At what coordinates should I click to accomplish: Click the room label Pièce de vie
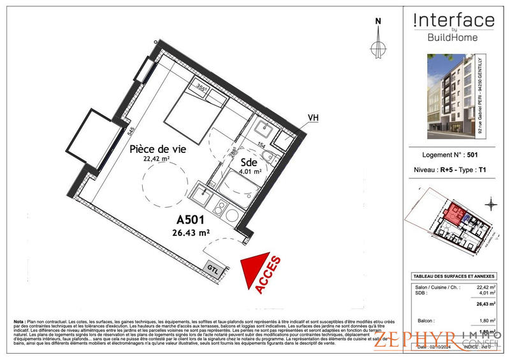tap(157, 149)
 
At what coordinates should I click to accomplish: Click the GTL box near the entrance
tap(213, 269)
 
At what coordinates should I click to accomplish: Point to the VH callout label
tap(313, 118)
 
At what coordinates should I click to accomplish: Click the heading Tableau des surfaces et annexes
tap(453, 276)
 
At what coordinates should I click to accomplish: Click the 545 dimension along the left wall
tap(131, 133)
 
